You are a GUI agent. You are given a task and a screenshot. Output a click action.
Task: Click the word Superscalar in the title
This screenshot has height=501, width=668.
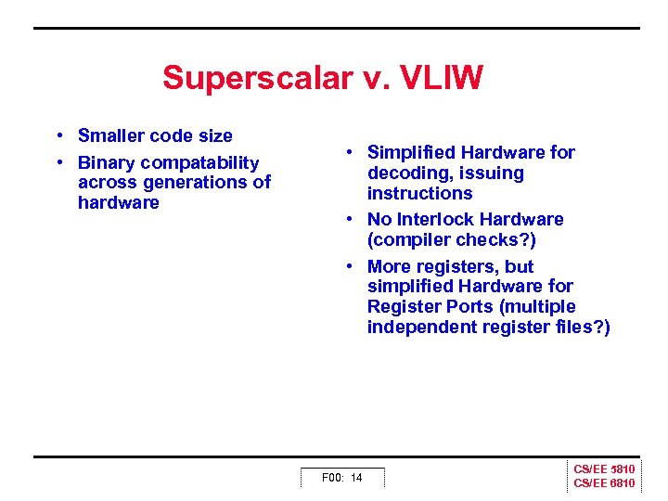click(253, 78)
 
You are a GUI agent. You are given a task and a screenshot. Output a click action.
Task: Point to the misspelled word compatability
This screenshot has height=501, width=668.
click(199, 163)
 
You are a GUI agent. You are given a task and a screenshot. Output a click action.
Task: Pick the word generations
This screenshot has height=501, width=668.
click(188, 183)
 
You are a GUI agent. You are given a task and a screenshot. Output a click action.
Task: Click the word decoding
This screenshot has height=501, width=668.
click(404, 173)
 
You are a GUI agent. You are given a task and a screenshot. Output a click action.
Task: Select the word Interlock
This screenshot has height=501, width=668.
click(440, 220)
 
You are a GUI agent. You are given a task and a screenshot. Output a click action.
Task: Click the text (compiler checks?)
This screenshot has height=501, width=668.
click(451, 240)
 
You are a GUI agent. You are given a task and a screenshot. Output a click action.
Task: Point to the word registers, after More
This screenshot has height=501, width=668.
click(456, 266)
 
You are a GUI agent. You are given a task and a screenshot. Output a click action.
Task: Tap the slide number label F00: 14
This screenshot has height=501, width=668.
click(341, 478)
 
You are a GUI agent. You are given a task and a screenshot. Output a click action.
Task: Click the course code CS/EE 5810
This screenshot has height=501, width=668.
click(604, 470)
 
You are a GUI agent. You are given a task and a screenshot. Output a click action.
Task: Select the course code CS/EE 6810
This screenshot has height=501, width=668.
click(604, 483)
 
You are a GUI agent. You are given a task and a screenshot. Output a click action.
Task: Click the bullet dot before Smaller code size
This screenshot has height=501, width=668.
click(58, 136)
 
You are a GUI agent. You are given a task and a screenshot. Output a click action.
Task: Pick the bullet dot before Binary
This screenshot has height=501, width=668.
click(58, 163)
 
